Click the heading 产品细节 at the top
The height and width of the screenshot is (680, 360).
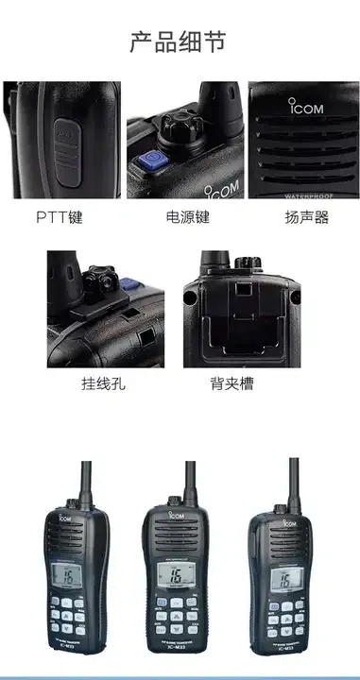click(179, 41)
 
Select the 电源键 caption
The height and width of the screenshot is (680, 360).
click(187, 217)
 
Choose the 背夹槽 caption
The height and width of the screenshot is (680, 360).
click(231, 383)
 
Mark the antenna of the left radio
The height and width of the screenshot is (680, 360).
click(86, 486)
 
